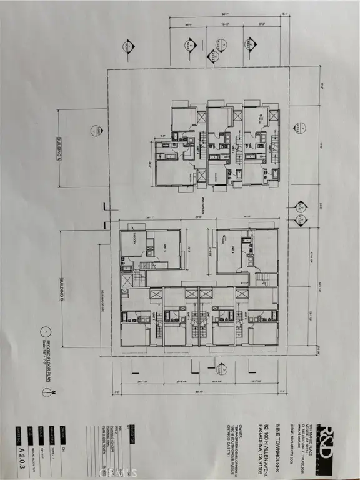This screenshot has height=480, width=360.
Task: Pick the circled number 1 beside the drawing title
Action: click(44, 332)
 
